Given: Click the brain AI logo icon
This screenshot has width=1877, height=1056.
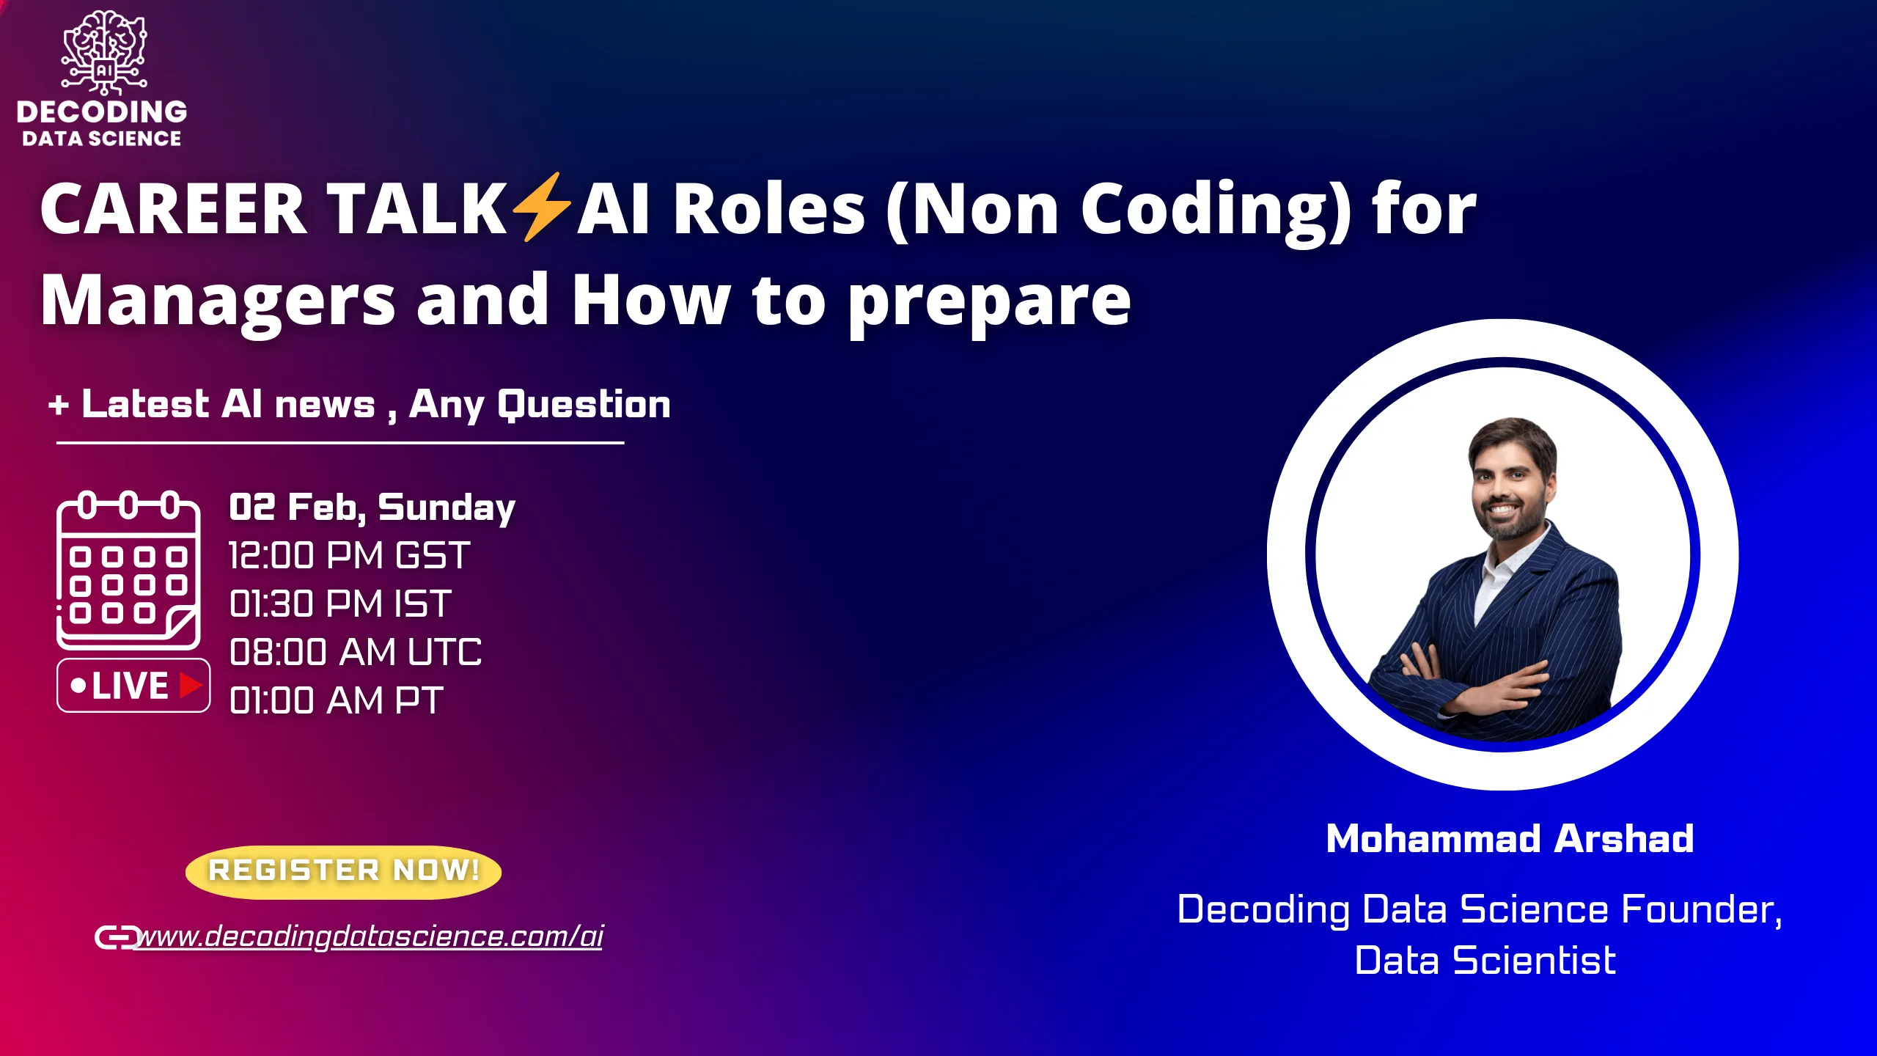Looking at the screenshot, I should coord(104,53).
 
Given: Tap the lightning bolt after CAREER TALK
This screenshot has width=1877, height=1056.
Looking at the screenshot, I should coord(541,208).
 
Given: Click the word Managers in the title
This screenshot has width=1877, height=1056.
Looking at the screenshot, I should coord(218,301).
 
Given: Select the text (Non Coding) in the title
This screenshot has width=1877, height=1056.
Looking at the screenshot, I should coord(1118,210).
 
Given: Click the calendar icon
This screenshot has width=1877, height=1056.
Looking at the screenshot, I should coord(128,570).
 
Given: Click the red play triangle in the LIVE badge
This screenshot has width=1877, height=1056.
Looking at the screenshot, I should coord(190,686).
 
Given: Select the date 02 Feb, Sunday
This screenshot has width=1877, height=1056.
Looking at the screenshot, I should coord(372,507).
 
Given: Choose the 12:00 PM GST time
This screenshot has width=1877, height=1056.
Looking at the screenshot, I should coord(349,556).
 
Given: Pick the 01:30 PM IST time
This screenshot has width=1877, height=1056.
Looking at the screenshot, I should coord(340,604).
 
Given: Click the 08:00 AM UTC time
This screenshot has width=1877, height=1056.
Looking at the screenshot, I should coord(356,653).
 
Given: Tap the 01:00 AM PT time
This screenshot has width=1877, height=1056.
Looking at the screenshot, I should coord(336,701).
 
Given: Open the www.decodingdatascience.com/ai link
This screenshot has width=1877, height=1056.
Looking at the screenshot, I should coord(370,936).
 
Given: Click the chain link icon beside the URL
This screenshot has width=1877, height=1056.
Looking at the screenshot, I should coord(116,937).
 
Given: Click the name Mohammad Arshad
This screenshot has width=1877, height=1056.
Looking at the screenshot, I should coord(1510,839).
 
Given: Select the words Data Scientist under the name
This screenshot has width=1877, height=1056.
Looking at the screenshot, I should coord(1485,961).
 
